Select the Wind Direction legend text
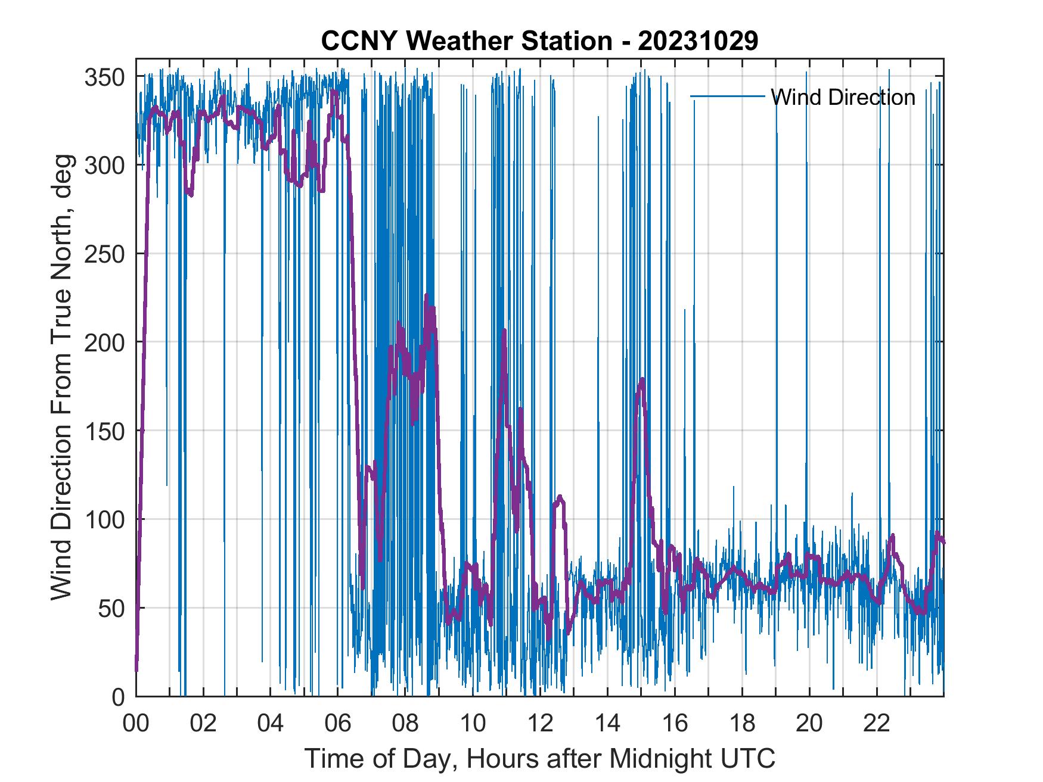[x=842, y=97]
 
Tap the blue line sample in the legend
[x=727, y=96]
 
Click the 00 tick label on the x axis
[x=136, y=724]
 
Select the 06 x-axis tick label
[x=338, y=724]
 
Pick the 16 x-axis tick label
[x=675, y=724]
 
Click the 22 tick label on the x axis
[x=877, y=724]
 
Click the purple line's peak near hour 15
[x=642, y=379]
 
